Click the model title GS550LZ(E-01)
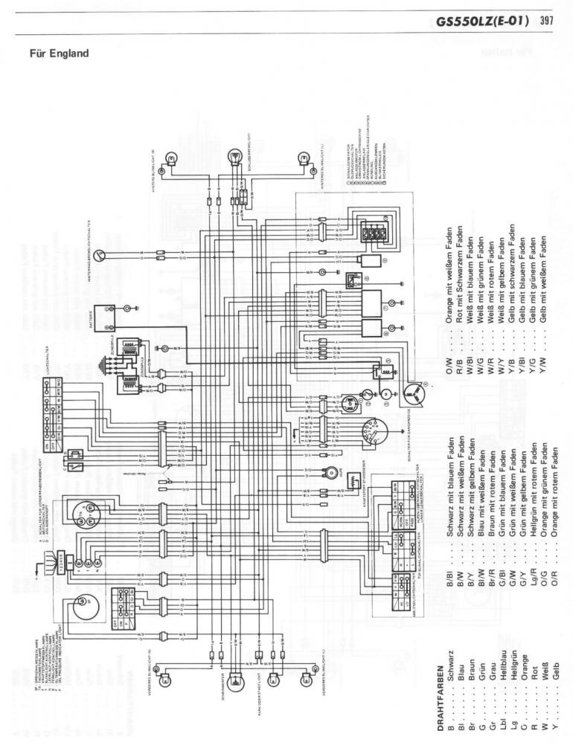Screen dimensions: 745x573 [x=483, y=20]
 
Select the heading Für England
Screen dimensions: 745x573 [x=59, y=54]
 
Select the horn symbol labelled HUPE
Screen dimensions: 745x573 [x=328, y=471]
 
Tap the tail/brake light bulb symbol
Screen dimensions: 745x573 [x=236, y=156]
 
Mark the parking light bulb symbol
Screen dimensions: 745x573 [x=274, y=678]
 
